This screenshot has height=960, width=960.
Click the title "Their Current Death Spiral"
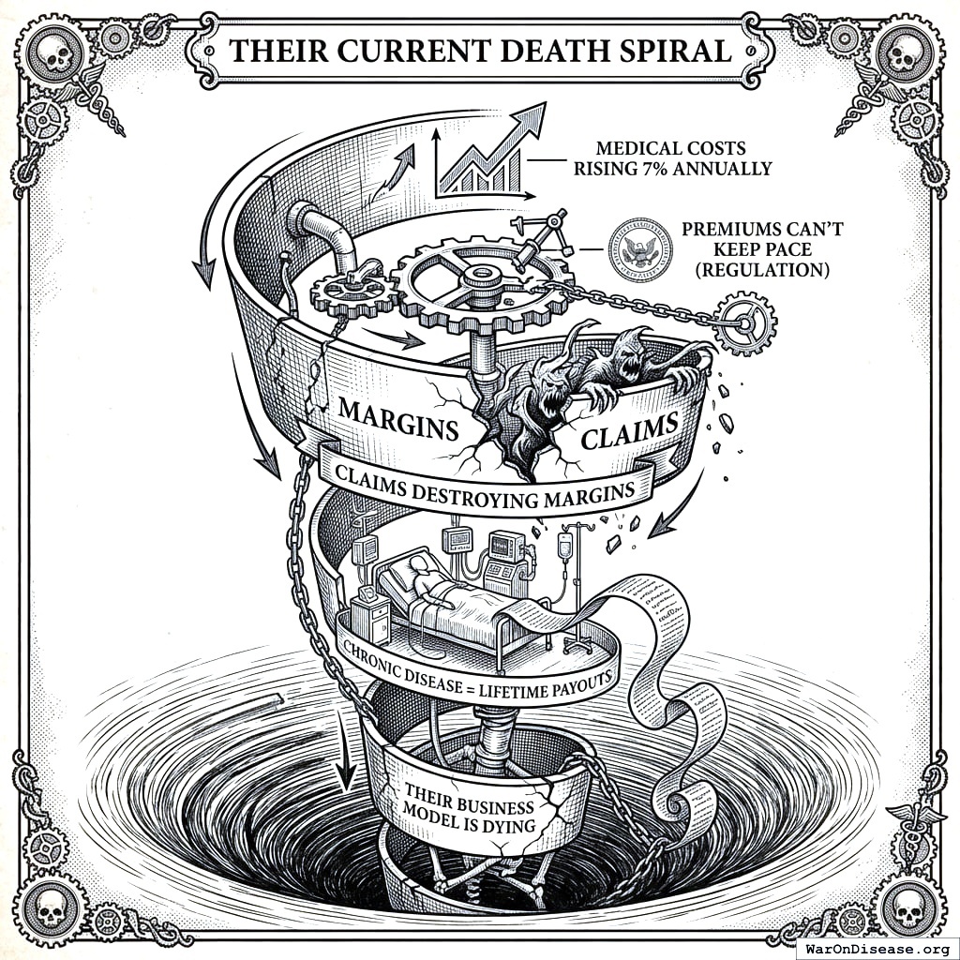[x=480, y=50]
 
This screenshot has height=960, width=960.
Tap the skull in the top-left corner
[x=58, y=57]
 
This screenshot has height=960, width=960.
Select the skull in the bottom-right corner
[x=905, y=905]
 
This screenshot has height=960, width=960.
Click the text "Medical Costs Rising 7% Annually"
[x=672, y=158]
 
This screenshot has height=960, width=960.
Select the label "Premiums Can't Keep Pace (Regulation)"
[x=755, y=249]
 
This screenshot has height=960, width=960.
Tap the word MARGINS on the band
[x=397, y=418]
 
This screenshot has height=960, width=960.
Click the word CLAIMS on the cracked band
[x=629, y=433]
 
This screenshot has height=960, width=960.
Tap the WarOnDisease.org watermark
[x=878, y=948]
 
